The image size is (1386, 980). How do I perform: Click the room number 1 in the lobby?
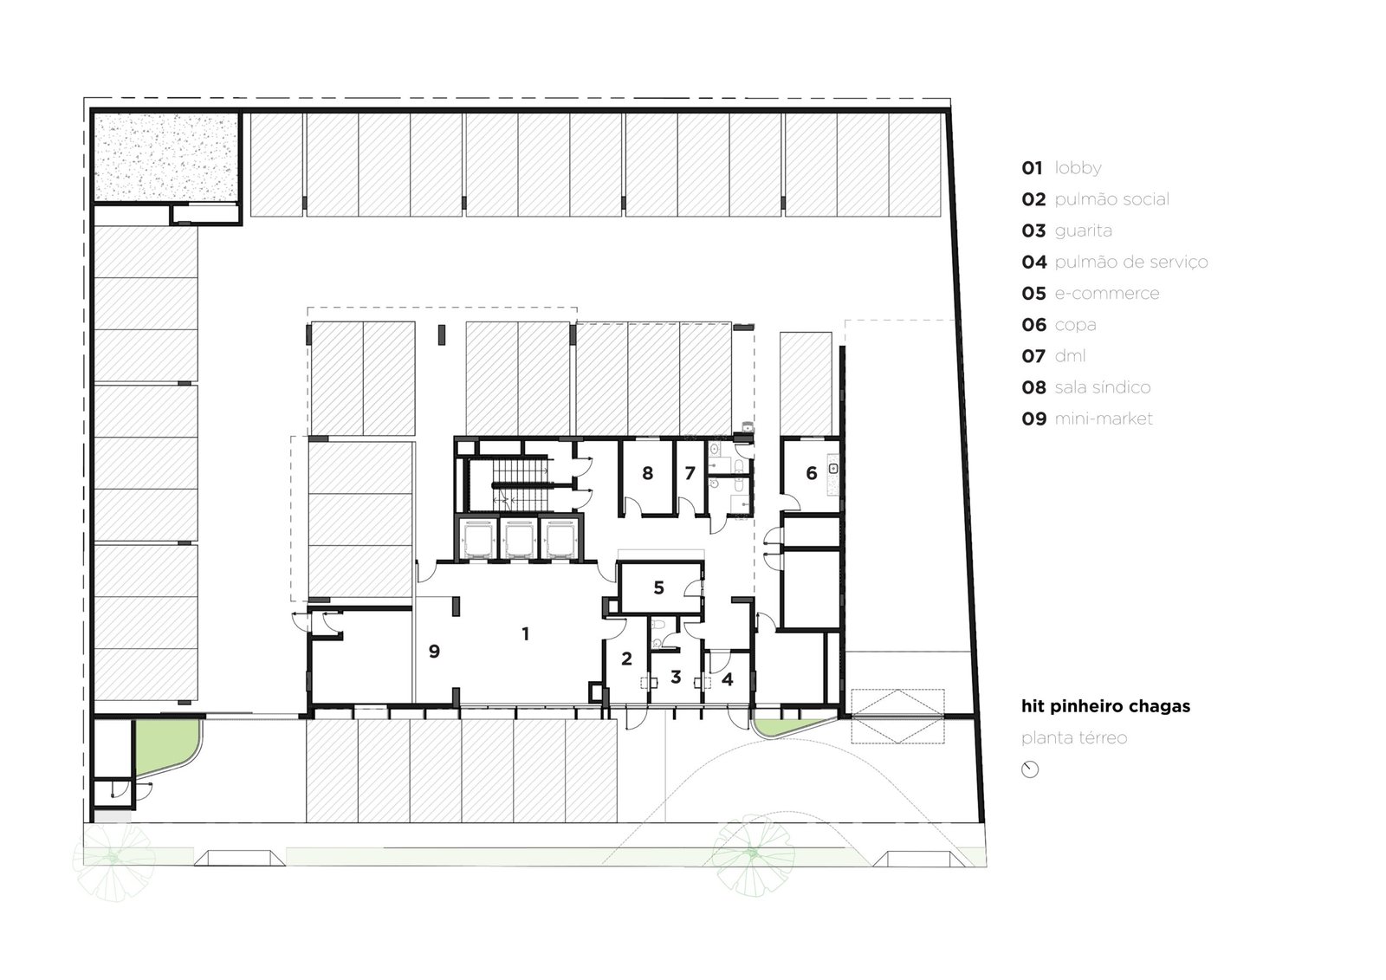tap(525, 633)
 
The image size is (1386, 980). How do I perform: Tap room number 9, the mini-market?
tap(434, 651)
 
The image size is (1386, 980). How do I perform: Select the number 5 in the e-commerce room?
tap(658, 587)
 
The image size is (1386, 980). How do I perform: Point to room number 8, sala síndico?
tap(647, 473)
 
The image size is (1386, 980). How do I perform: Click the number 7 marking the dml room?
tap(690, 473)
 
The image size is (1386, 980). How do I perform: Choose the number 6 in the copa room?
tap(811, 473)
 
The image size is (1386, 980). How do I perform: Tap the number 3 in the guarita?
tap(676, 677)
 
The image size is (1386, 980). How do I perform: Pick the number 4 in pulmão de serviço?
tap(727, 679)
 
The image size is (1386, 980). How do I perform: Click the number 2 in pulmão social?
tap(626, 659)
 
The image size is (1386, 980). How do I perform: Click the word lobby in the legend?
tap(1078, 168)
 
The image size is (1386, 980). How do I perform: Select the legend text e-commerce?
tap(1107, 294)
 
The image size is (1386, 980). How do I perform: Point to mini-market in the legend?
tap(1104, 419)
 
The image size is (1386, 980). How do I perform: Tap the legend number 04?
tap(1034, 262)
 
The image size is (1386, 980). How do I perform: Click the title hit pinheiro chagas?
tap(1105, 706)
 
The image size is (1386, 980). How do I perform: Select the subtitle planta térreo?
tap(1074, 738)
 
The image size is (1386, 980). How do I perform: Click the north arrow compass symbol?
tap(1030, 769)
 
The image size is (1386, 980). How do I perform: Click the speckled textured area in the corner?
tap(165, 157)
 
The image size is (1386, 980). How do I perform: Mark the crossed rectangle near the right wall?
tap(897, 717)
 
